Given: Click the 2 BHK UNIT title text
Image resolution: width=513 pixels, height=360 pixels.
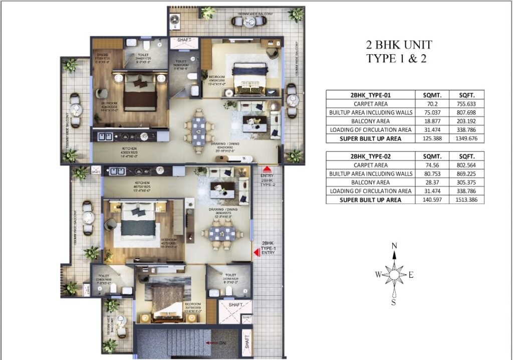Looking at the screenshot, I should click(x=399, y=45).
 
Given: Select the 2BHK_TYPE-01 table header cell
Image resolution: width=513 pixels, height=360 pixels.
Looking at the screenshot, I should click(x=370, y=95).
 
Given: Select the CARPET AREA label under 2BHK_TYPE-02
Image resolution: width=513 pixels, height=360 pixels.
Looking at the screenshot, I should click(x=370, y=165).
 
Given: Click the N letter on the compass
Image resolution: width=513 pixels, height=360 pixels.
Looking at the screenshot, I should click(x=395, y=245).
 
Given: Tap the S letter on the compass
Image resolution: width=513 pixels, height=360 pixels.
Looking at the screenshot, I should click(x=394, y=302).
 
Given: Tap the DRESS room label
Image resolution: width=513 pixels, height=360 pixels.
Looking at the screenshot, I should click(x=103, y=55).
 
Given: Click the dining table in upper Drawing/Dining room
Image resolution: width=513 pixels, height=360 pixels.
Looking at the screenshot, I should click(x=198, y=130).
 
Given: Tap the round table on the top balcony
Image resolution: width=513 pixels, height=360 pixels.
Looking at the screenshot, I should click(x=238, y=21).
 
